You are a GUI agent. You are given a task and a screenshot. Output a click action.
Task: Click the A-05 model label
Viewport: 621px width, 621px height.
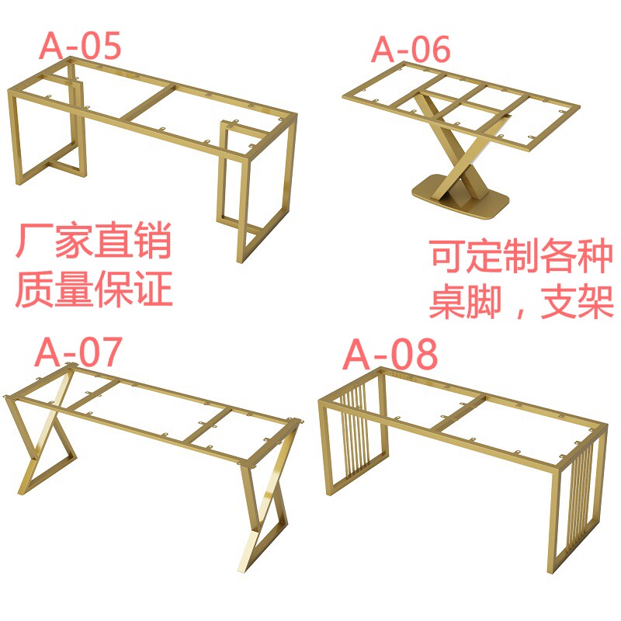click(80, 46)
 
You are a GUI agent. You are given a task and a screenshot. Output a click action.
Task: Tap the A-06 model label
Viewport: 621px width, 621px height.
click(411, 49)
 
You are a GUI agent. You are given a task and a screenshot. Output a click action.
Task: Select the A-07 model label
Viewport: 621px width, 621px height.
click(78, 352)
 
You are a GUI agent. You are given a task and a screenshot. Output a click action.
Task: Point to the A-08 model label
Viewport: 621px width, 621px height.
click(390, 354)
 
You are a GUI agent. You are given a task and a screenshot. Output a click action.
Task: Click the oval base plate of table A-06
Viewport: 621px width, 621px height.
click(460, 196)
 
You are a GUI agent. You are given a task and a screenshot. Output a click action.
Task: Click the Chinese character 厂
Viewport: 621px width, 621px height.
click(34, 241)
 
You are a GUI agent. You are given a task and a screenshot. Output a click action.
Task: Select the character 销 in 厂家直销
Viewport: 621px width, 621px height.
click(153, 241)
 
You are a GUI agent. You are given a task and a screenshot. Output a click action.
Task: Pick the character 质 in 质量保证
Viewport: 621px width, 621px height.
click(34, 289)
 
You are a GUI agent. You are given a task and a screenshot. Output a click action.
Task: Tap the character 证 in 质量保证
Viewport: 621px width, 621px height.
click(154, 289)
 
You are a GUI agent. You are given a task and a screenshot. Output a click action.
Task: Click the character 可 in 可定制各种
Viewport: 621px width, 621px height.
click(448, 255)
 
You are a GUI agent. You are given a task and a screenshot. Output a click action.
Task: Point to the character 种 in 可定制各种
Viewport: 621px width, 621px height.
click(595, 255)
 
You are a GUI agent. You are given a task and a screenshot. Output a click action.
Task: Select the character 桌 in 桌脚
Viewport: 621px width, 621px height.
click(448, 302)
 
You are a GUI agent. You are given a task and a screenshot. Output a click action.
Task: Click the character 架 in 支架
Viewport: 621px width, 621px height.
click(595, 302)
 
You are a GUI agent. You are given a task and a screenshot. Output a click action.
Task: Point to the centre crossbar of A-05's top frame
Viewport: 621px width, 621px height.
click(147, 102)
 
